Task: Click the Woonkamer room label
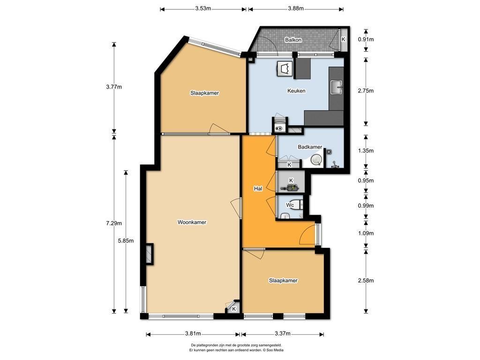(x=192, y=222)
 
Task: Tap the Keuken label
(x=296, y=90)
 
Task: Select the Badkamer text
(x=310, y=147)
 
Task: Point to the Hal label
(x=258, y=188)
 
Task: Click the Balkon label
(x=293, y=40)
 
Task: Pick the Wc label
(x=290, y=205)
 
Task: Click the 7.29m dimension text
(x=114, y=223)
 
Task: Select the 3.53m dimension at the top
(x=203, y=8)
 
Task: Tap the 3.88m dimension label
(x=296, y=8)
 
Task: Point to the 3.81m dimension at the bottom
(x=193, y=333)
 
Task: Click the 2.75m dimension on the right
(x=366, y=90)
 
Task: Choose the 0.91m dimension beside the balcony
(x=366, y=39)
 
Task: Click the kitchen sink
(x=337, y=87)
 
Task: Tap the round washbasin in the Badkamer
(x=316, y=160)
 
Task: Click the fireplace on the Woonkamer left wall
(x=150, y=254)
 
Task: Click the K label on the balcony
(x=344, y=39)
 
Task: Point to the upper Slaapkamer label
(x=204, y=93)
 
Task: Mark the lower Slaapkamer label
(x=283, y=280)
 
